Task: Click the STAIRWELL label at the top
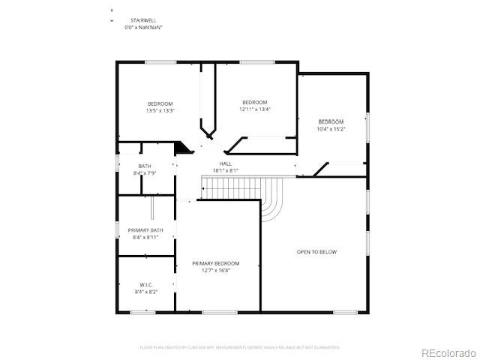pyautogui.click(x=142, y=21)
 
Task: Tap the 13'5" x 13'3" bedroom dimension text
pyautogui.click(x=160, y=111)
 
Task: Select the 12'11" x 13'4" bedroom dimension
pyautogui.click(x=254, y=109)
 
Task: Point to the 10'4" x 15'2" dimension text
pyautogui.click(x=331, y=128)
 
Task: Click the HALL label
pyautogui.click(x=226, y=163)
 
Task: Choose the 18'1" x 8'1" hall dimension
pyautogui.click(x=226, y=170)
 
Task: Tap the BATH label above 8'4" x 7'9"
pyautogui.click(x=145, y=166)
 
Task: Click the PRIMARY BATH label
pyautogui.click(x=145, y=230)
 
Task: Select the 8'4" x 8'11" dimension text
pyautogui.click(x=145, y=237)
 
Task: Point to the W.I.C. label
pyautogui.click(x=145, y=284)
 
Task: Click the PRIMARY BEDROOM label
pyautogui.click(x=216, y=263)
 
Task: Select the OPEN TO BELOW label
pyautogui.click(x=316, y=252)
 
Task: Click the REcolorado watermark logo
pyautogui.click(x=447, y=352)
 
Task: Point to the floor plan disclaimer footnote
pyautogui.click(x=240, y=347)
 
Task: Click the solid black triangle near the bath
pyautogui.click(x=183, y=148)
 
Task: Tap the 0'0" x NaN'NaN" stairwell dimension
pyautogui.click(x=142, y=28)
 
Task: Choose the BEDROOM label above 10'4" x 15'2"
pyautogui.click(x=331, y=121)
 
